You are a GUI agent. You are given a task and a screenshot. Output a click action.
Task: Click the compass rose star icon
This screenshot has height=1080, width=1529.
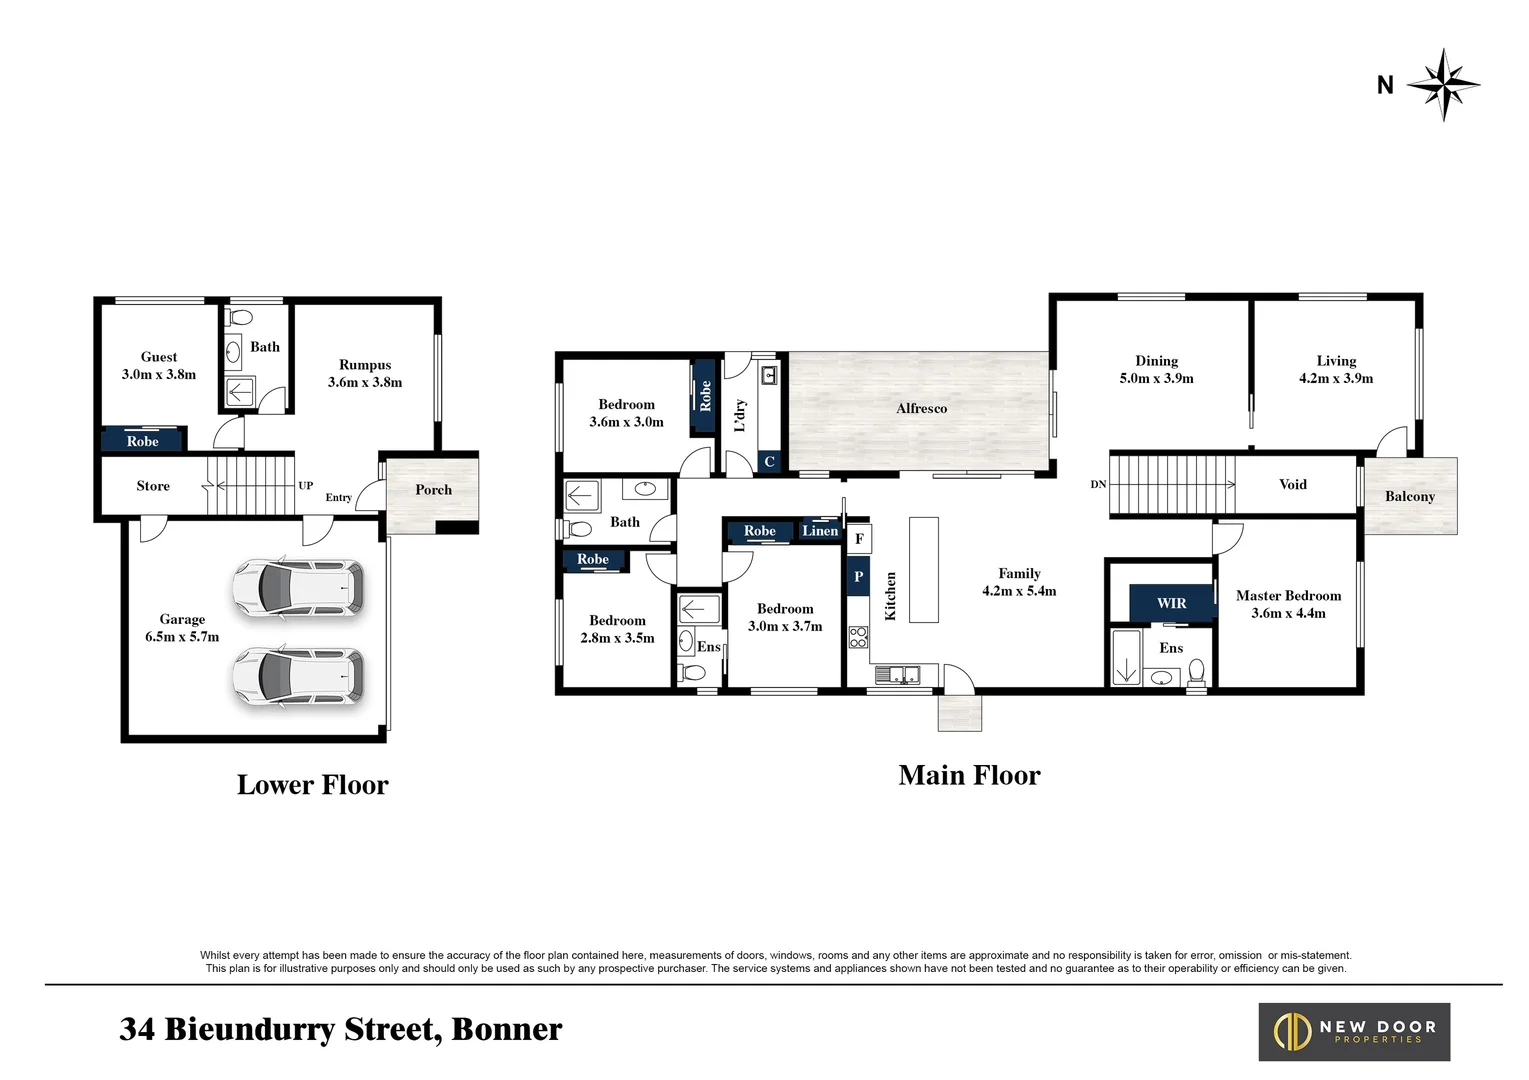[x=1443, y=85]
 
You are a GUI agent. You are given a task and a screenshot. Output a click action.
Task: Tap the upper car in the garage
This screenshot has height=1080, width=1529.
[x=298, y=588]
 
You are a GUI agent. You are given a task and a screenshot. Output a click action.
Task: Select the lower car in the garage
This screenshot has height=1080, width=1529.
[x=298, y=678]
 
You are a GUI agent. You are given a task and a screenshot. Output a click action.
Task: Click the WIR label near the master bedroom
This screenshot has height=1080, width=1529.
[x=1171, y=603]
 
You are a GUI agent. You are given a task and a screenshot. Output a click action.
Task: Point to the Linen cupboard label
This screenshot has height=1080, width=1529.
[x=820, y=531]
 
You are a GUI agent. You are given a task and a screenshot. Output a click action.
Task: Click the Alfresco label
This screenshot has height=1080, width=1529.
[x=921, y=408]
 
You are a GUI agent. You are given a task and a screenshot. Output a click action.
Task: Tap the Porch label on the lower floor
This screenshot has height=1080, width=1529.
[x=433, y=490]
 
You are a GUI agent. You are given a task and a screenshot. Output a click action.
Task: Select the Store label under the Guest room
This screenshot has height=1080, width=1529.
[x=153, y=486]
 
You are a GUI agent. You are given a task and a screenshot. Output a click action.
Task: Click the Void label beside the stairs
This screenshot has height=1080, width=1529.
[x=1292, y=484]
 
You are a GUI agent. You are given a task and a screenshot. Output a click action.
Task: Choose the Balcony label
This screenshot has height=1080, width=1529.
[x=1409, y=496]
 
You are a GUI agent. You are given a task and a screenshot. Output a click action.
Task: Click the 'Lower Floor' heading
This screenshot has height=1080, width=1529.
[x=312, y=785]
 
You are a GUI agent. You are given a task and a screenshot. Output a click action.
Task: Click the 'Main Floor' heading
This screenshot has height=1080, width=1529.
[x=969, y=775]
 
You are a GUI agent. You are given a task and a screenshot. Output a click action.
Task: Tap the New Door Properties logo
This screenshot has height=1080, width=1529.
[x=1354, y=1031]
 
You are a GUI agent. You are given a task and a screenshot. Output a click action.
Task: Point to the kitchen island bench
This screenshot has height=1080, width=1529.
[x=923, y=569]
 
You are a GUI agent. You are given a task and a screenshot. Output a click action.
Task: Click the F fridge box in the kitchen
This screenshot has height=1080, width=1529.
[x=859, y=539]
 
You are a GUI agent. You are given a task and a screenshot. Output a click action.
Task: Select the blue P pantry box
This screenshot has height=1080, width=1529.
[x=858, y=577]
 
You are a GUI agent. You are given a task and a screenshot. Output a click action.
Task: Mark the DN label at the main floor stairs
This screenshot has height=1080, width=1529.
[x=1098, y=484]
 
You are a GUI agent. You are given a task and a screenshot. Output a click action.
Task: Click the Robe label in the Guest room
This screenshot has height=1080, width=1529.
[x=143, y=441]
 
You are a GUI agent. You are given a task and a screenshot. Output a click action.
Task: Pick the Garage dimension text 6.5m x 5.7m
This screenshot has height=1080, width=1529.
[x=182, y=636]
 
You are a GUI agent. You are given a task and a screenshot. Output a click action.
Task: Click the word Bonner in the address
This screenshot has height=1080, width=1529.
[x=506, y=1029]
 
